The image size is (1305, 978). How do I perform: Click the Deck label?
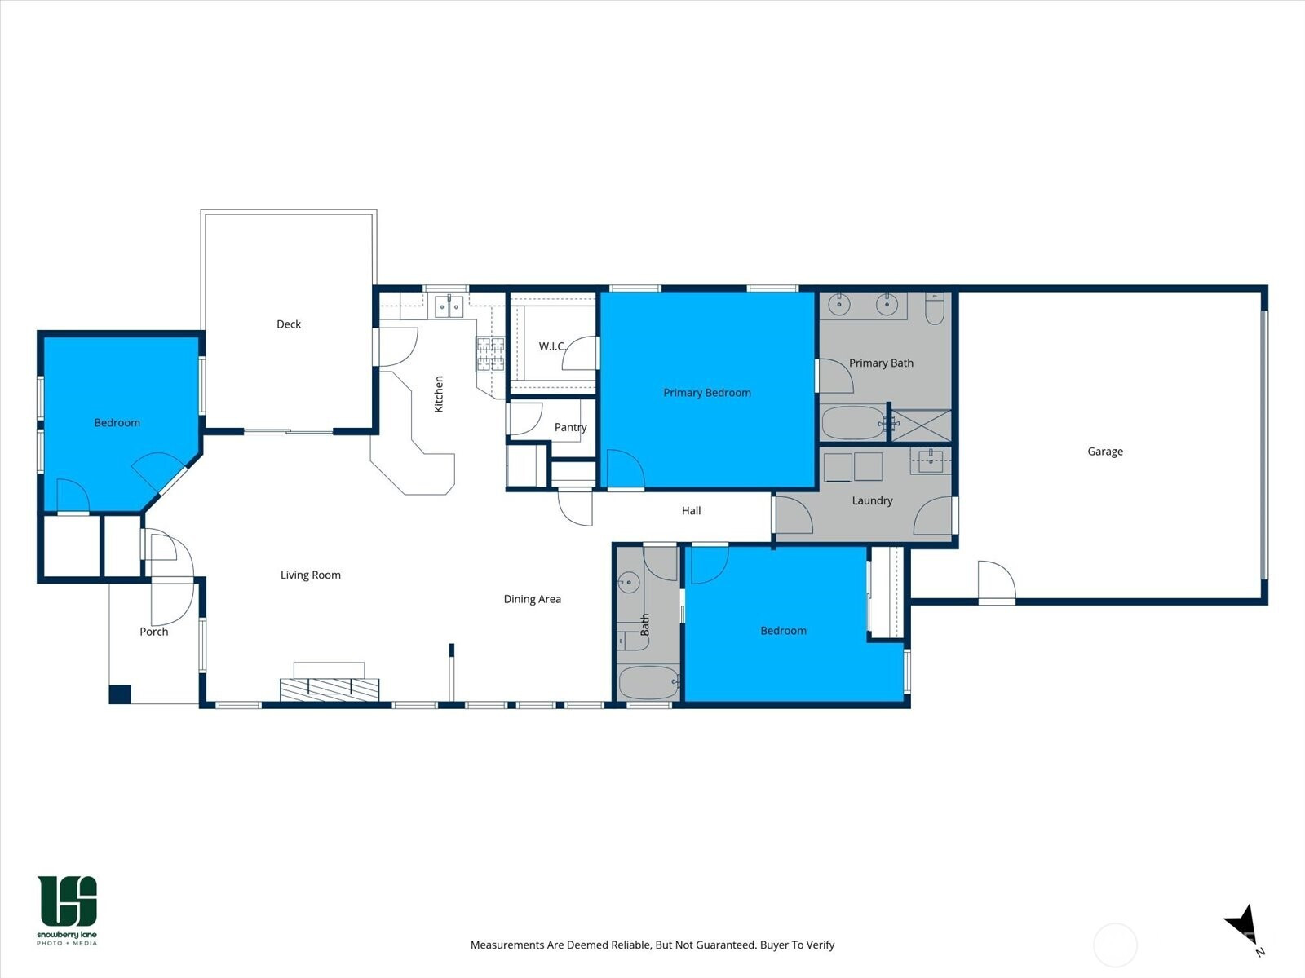[x=289, y=324]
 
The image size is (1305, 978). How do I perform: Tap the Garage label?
[x=1105, y=452]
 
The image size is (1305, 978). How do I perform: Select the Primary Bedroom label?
[x=707, y=393]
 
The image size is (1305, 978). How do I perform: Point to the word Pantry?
[x=571, y=427]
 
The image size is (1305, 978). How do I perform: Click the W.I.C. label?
[x=552, y=346]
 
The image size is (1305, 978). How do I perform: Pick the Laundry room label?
[x=872, y=500]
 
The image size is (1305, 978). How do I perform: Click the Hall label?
[x=692, y=511]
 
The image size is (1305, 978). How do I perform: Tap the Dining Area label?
[x=532, y=599]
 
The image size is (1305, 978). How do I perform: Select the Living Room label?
[x=311, y=575]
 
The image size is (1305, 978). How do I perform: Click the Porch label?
[x=154, y=632]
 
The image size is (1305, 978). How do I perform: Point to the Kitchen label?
[x=439, y=394]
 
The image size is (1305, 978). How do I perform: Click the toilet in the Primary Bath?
[x=935, y=309]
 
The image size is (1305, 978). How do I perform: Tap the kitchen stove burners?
[x=490, y=354]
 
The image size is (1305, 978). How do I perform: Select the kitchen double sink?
[x=449, y=307]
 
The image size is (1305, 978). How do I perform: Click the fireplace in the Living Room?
[x=330, y=689]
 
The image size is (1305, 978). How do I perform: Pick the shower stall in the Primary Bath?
[x=922, y=425]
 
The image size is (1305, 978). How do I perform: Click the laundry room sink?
[x=931, y=460]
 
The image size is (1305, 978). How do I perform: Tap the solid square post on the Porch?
[x=120, y=694]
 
